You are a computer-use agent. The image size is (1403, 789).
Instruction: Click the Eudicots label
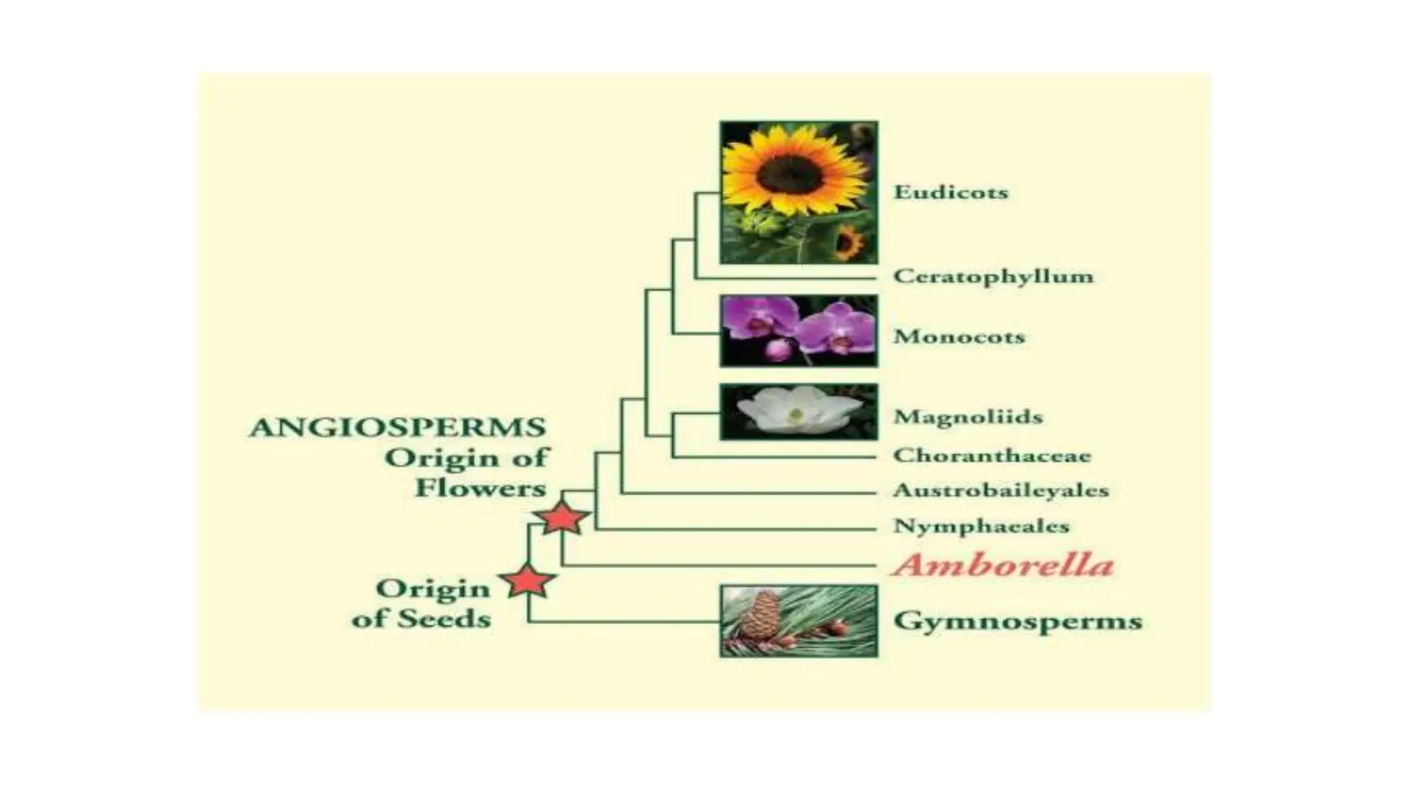(x=951, y=192)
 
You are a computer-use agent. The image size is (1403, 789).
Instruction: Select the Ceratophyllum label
(x=993, y=276)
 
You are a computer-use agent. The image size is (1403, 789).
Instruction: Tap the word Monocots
(x=958, y=336)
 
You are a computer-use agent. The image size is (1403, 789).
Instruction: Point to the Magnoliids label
(x=967, y=416)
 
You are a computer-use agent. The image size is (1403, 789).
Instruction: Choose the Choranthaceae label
(x=991, y=455)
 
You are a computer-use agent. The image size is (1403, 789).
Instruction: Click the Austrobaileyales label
(x=1000, y=490)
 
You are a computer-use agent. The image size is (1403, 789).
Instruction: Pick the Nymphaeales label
(x=981, y=526)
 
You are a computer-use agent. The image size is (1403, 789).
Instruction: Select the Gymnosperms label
(x=1017, y=621)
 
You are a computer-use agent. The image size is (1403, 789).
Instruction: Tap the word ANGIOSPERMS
(x=397, y=427)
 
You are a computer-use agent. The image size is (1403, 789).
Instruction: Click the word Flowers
(x=480, y=488)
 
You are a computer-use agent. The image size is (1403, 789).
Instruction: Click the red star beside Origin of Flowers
(x=562, y=518)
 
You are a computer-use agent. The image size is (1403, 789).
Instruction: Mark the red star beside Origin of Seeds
(x=527, y=581)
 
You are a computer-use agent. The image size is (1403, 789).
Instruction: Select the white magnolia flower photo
(x=798, y=412)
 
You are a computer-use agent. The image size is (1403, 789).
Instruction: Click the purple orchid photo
(x=798, y=331)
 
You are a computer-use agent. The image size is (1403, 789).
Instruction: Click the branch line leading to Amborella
(x=719, y=566)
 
